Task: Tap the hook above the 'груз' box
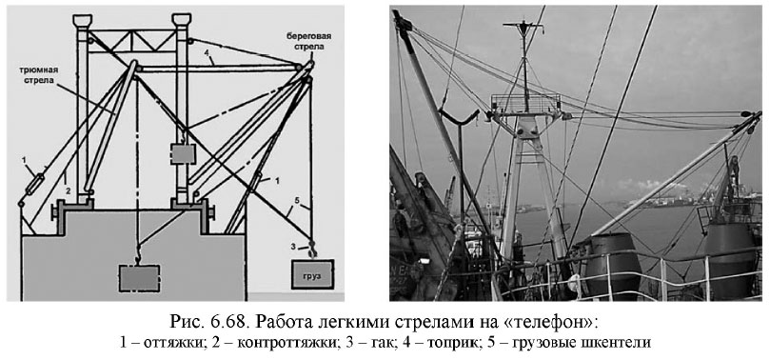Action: coord(310,250)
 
